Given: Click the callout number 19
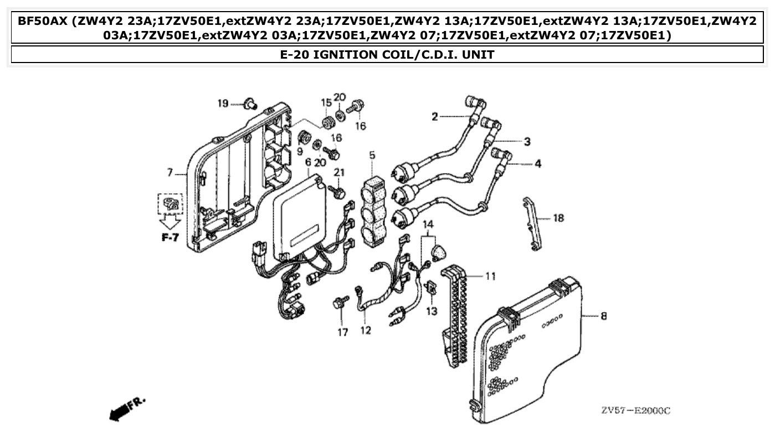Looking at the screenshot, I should pos(223,103).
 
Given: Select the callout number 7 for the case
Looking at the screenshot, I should pos(170,173).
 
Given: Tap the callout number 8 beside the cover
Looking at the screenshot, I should pos(603,316).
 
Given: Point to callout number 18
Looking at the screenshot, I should pos(558,218).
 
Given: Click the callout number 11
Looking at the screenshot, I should pos(491,276).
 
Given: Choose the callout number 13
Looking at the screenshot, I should pos(432,311).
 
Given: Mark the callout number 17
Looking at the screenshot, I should pos(343,332).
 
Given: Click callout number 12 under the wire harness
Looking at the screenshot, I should pos(366,331).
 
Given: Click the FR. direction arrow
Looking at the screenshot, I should pos(126,408).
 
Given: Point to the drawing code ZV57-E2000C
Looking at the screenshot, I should pos(635,411).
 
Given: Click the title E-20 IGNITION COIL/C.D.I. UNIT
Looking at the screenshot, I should pos(387,54).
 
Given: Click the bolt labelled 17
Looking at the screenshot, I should pos(339,303).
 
